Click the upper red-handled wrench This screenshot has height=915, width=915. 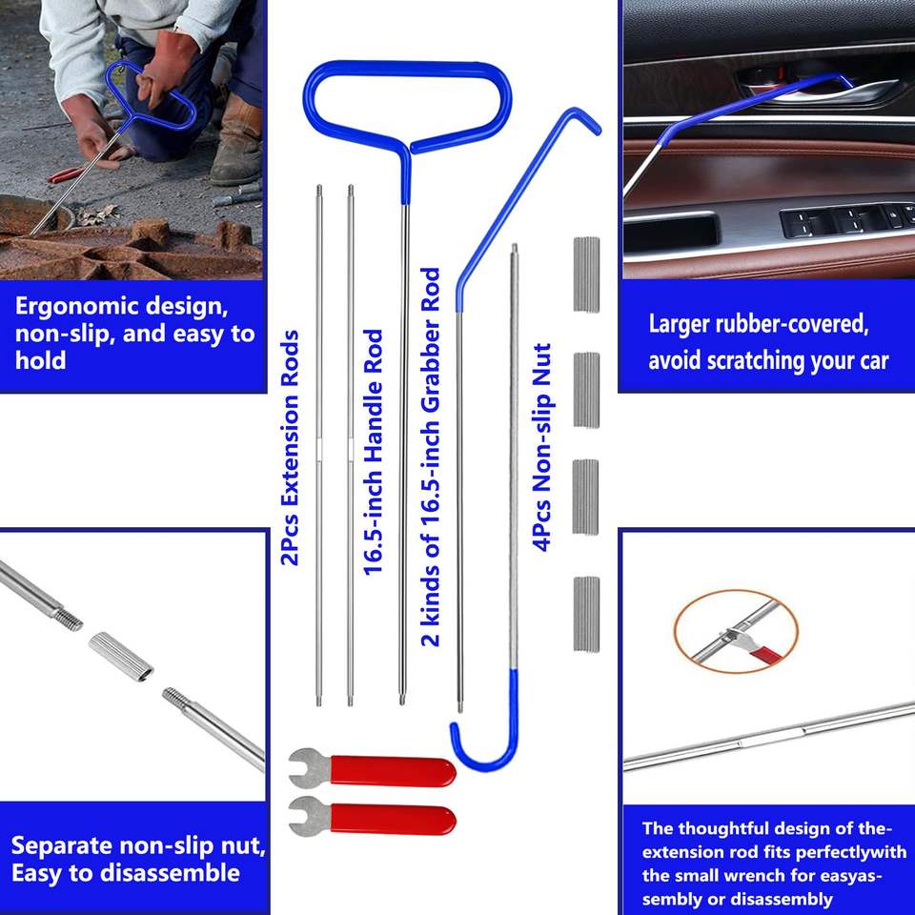373,769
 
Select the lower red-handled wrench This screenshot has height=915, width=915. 373,817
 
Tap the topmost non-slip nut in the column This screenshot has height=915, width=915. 586,274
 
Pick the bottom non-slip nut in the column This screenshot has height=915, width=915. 586,614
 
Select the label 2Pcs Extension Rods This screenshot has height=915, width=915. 290,448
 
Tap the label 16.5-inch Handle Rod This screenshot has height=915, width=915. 373,452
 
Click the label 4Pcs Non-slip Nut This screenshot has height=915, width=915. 541,447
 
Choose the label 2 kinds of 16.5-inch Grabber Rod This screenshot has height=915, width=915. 431,457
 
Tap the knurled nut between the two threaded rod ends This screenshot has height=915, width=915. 121,657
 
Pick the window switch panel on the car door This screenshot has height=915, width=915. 847,219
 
